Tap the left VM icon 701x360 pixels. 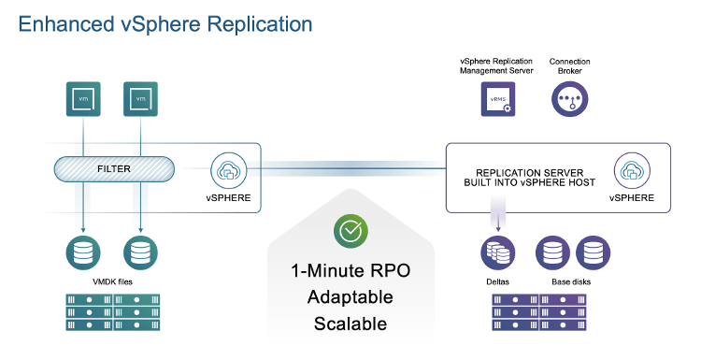coord(84,98)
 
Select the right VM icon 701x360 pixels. coord(140,98)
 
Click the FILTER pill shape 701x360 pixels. coord(114,169)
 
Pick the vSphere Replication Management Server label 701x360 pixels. coord(497,66)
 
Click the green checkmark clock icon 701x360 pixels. coord(350,231)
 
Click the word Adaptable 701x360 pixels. coord(350,299)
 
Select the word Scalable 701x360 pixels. coord(350,324)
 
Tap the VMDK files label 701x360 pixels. coord(113,281)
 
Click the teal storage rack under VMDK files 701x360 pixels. coord(113,312)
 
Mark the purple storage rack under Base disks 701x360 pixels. coord(541,312)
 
